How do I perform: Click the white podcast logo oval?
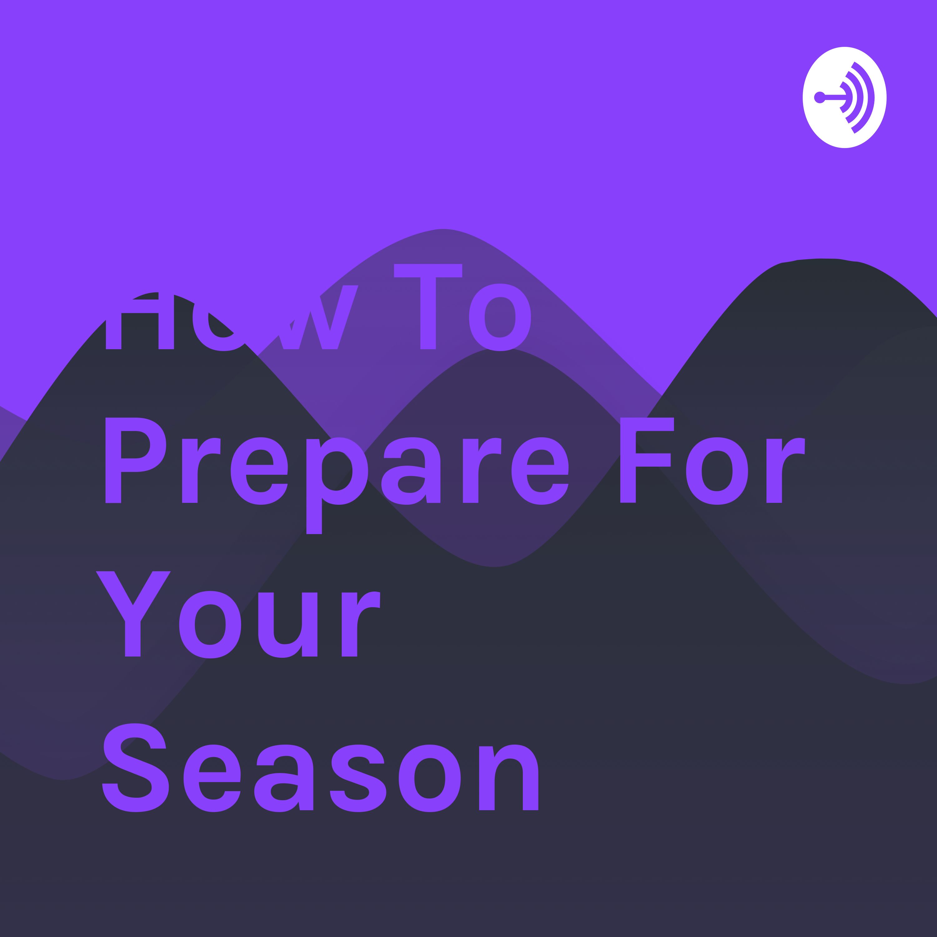pyautogui.click(x=844, y=97)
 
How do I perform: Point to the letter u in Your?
pyautogui.click(x=288, y=626)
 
